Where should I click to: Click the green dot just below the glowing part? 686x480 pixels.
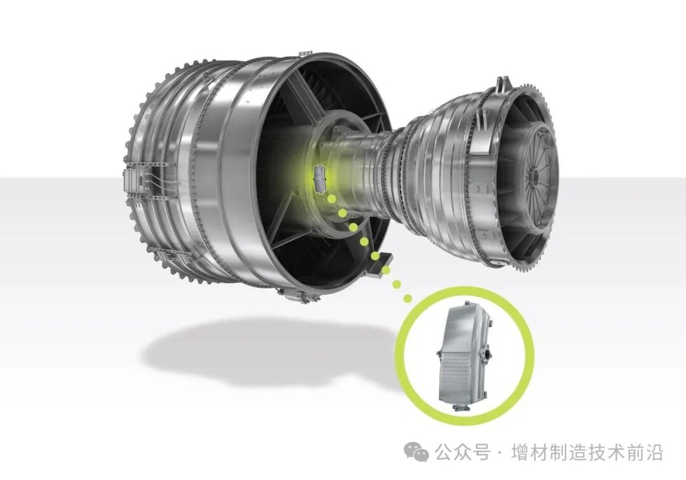pos(332,199)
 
